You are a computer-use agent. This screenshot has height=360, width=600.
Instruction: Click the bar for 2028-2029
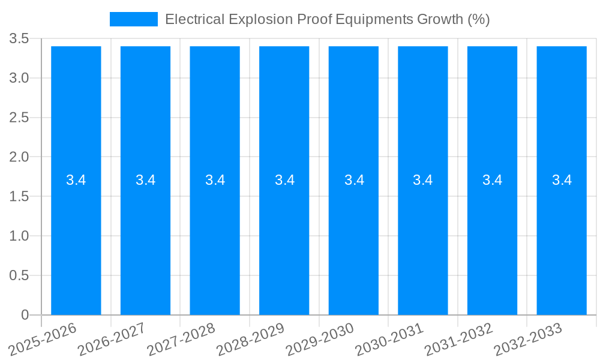coord(284,240)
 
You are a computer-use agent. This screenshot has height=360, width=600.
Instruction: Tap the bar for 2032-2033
coord(562,240)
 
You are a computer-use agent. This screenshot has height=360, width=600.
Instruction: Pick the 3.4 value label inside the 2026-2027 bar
coord(145,180)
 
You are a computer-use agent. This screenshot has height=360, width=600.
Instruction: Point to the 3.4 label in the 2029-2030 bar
coord(354,180)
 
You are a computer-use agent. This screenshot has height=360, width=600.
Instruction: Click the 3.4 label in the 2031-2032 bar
coord(493,180)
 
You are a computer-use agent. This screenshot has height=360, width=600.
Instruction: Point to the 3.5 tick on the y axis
coord(19,39)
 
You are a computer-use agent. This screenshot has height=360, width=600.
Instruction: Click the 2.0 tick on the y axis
coord(19,157)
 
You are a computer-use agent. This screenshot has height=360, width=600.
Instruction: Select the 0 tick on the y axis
coord(25,315)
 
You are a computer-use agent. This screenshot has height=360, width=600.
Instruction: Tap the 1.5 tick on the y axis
coord(19,197)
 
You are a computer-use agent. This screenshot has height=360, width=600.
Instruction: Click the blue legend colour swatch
coord(133,19)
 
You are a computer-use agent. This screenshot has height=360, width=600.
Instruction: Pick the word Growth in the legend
coord(439,19)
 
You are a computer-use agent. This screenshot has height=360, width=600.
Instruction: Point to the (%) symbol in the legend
coord(478,19)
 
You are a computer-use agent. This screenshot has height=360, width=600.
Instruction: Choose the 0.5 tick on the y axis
coord(19,275)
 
